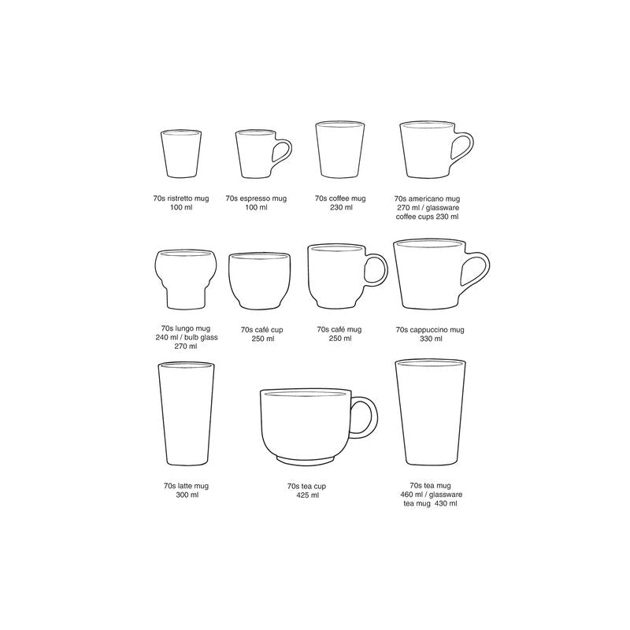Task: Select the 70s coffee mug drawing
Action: coord(339,151)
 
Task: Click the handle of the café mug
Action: coord(378,271)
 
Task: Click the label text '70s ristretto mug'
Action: coord(182,200)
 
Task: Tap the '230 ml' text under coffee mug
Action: coord(339,208)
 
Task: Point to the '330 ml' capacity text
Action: coord(431,339)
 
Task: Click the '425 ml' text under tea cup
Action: coord(307,495)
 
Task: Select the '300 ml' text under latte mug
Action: coord(187,495)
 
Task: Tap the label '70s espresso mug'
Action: coord(256,200)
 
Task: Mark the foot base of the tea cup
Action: coord(308,459)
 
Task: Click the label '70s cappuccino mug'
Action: coord(431,329)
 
